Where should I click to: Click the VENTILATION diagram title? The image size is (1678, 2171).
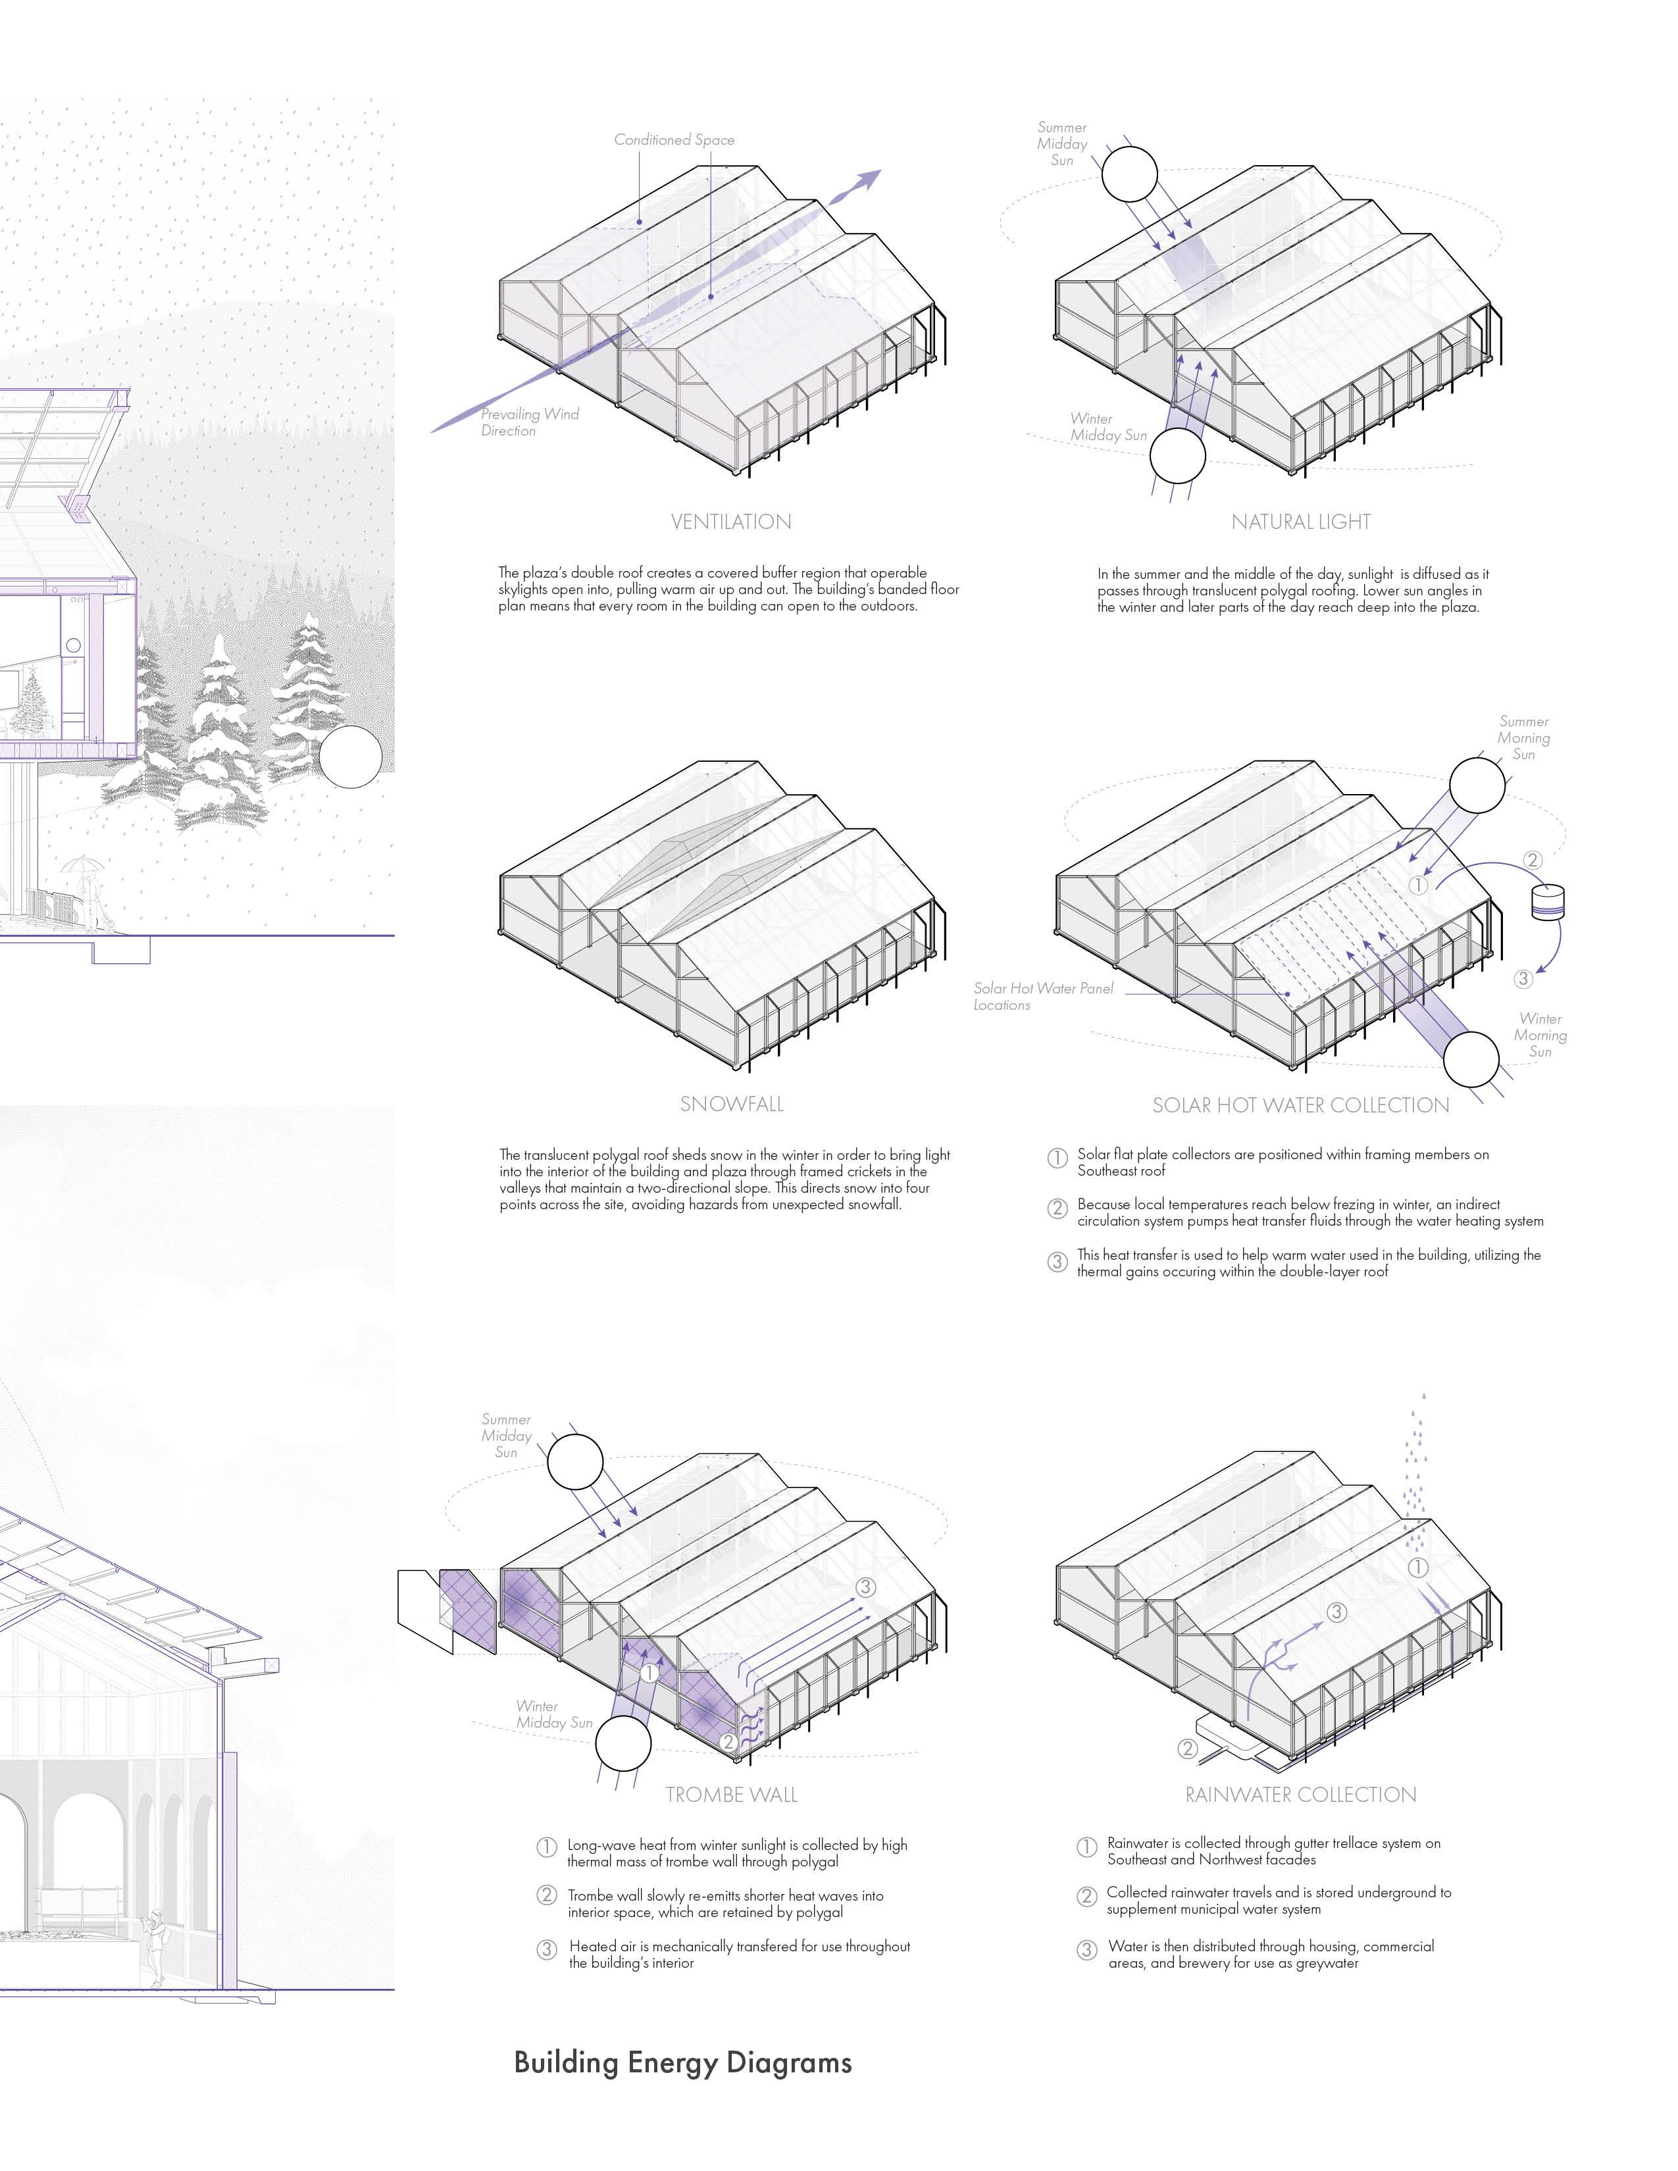[x=730, y=522]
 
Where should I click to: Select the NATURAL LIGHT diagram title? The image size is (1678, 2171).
[x=1300, y=522]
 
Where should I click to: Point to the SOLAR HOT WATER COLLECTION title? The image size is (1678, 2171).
[x=1300, y=1105]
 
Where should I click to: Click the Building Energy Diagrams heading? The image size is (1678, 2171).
[x=683, y=2062]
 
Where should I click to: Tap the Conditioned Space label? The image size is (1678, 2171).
[x=674, y=140]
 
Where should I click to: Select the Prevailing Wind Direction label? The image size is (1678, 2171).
[x=529, y=422]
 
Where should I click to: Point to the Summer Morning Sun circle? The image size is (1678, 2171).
[x=1477, y=784]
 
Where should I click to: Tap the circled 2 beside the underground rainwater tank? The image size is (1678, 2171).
[x=1187, y=1749]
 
